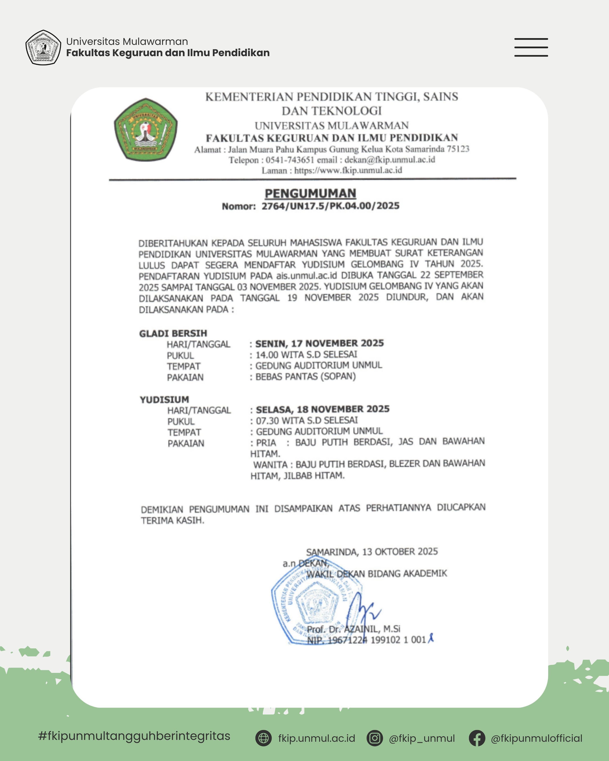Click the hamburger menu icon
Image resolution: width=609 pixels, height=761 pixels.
coord(531,47)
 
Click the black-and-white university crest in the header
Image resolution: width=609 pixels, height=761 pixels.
coord(43,47)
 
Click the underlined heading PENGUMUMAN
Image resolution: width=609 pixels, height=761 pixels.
coord(310,193)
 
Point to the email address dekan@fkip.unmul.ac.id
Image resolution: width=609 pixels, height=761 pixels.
coord(390,159)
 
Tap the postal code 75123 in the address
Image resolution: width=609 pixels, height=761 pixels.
coord(458,149)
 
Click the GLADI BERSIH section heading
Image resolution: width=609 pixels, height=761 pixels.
coord(173,333)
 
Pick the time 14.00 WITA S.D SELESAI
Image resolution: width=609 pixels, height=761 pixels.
coord(306,354)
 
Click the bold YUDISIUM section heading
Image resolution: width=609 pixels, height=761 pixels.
coord(164,399)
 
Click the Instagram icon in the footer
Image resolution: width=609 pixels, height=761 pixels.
coord(375,738)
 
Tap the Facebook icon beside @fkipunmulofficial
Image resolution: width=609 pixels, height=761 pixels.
coord(477,738)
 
